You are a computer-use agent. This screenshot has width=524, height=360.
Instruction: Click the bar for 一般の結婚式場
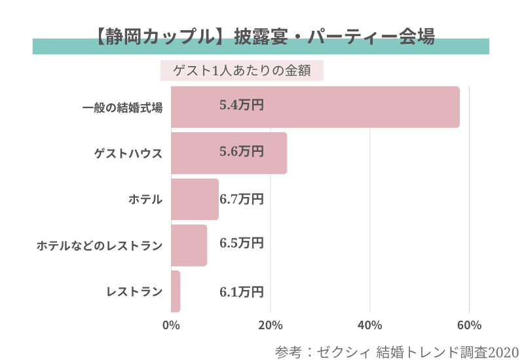[x=314, y=107]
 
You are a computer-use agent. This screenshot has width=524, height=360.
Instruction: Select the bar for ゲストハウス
[x=229, y=153]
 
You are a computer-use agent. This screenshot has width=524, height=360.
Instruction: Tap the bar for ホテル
[x=195, y=199]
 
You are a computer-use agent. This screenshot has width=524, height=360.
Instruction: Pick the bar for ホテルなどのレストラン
[x=189, y=245]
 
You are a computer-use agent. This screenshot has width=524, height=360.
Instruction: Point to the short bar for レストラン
[x=175, y=291]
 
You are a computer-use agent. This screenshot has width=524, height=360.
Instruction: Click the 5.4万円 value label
[x=242, y=105]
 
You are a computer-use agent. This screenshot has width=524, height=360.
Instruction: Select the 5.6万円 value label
[x=242, y=151]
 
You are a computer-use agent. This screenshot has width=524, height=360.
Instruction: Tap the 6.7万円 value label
[x=242, y=198]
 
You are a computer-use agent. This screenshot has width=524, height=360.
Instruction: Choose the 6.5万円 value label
[x=242, y=243]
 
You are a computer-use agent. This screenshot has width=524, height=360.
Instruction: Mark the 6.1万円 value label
[x=242, y=291]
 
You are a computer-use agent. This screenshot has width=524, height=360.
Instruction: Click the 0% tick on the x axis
[x=171, y=325]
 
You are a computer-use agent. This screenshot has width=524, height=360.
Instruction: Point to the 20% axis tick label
[x=271, y=325]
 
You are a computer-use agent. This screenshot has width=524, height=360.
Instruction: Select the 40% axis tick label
[x=370, y=325]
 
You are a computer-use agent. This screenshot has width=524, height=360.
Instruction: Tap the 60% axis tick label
[x=470, y=325]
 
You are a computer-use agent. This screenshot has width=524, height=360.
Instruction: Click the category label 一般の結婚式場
[x=122, y=107]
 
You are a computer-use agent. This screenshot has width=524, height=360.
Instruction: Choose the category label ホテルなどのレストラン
[x=99, y=245]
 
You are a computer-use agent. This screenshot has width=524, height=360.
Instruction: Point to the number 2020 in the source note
[x=502, y=351]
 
